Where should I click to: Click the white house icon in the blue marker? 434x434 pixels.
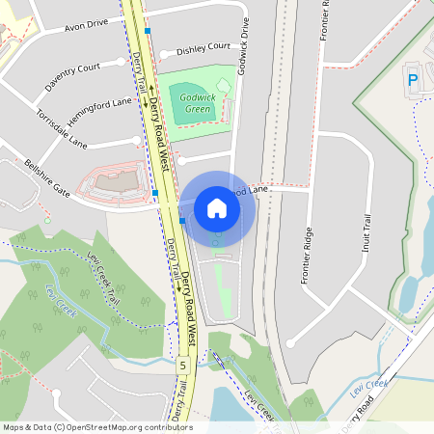[217, 207]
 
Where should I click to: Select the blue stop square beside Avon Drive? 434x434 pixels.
[147, 31]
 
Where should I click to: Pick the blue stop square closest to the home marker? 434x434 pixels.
[182, 221]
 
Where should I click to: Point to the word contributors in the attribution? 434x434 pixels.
[168, 427]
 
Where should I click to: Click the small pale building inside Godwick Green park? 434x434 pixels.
[224, 88]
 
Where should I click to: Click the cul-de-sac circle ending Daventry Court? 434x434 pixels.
[121, 61]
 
